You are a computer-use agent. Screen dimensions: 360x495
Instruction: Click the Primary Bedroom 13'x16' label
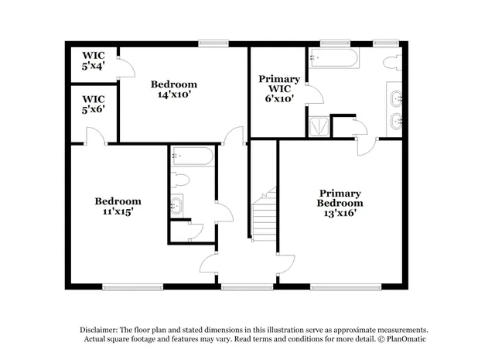pyautogui.click(x=340, y=203)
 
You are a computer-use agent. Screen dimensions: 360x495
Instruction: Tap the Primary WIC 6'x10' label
pyautogui.click(x=279, y=88)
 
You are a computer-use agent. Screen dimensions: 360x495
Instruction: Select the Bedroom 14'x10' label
pyautogui.click(x=173, y=89)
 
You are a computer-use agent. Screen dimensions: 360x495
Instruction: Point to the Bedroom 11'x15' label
pyautogui.click(x=118, y=206)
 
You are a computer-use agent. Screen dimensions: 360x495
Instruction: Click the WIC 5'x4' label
pyautogui.click(x=94, y=60)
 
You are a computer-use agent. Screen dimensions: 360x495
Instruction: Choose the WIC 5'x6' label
pyautogui.click(x=94, y=104)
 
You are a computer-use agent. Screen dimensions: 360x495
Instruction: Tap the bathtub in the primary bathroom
pyautogui.click(x=333, y=58)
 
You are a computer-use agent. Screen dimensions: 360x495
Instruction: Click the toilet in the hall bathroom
pyautogui.click(x=180, y=180)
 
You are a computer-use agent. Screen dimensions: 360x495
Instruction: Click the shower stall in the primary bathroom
pyautogui.click(x=317, y=126)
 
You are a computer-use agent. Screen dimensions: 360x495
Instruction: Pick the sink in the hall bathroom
pyautogui.click(x=177, y=205)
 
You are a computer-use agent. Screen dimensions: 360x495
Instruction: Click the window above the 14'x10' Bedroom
pyautogui.click(x=212, y=44)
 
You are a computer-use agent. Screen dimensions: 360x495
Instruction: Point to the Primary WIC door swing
pyautogui.click(x=313, y=94)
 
